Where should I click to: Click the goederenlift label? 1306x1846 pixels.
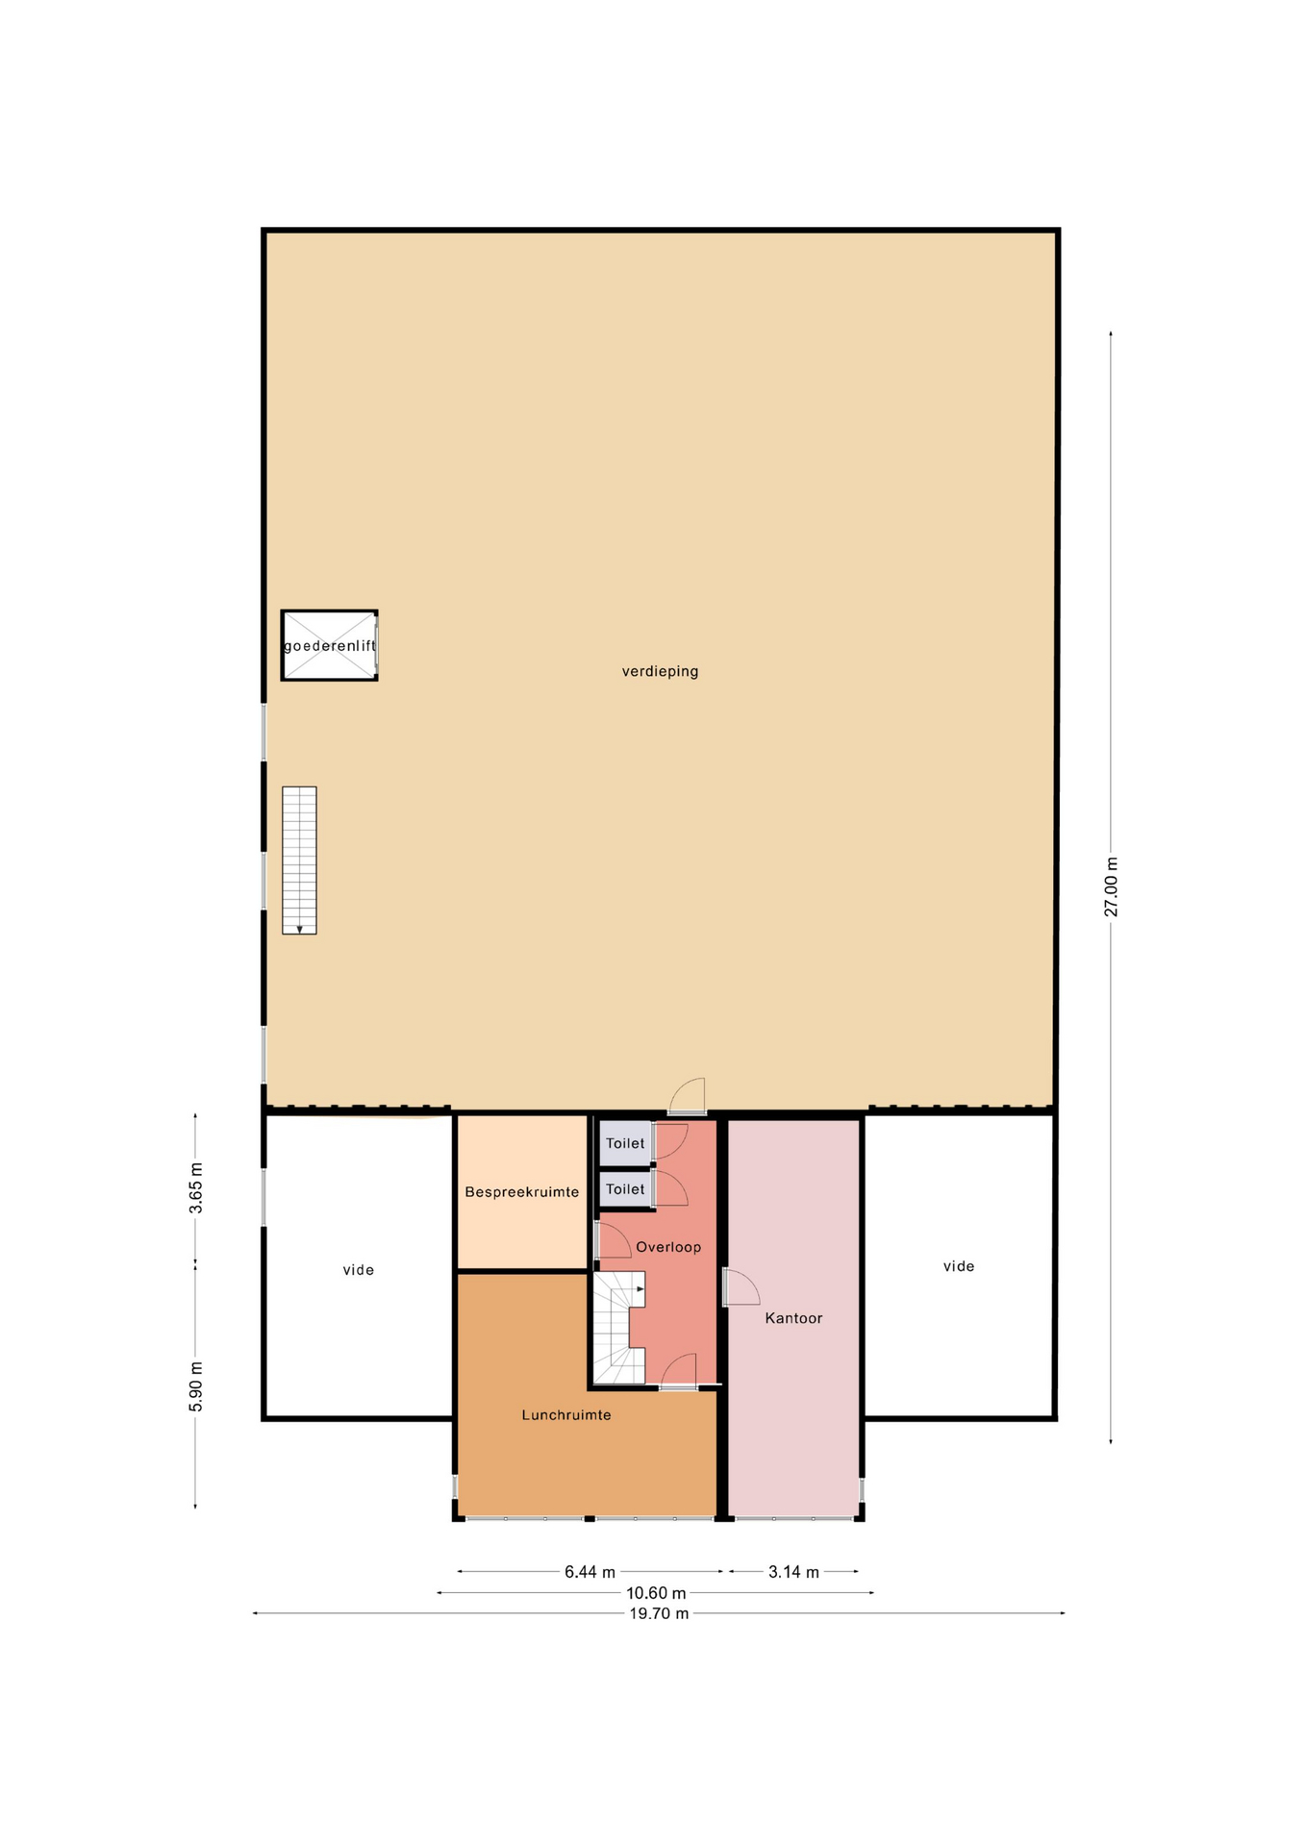tap(330, 646)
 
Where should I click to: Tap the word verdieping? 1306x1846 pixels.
tap(660, 671)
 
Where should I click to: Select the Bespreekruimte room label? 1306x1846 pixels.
tap(522, 1192)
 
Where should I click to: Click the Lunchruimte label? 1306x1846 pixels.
tap(566, 1415)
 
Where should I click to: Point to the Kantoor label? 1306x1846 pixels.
tap(793, 1318)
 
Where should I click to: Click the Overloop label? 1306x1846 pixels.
tap(668, 1247)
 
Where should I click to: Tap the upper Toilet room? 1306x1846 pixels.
tap(625, 1143)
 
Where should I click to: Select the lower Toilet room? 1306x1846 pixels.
tap(625, 1189)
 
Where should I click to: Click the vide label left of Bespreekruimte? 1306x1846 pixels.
tap(359, 1270)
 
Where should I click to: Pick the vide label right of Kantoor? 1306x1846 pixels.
tap(959, 1266)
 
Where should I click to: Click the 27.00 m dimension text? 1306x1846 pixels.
tap(1111, 886)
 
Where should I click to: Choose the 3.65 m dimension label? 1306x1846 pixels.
tap(196, 1187)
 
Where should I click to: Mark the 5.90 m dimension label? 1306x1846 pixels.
tap(196, 1386)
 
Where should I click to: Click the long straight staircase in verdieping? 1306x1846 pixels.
tap(299, 861)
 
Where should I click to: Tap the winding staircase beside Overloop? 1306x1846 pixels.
tap(617, 1328)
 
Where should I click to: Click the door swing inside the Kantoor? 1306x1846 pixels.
tap(741, 1287)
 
